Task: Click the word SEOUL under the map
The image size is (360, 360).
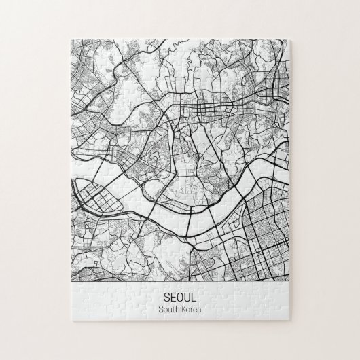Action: tap(180, 298)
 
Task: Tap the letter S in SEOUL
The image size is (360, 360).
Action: tap(167, 298)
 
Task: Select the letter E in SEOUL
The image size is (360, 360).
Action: tap(173, 298)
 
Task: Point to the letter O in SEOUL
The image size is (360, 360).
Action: tap(180, 298)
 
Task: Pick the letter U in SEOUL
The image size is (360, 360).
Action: tap(187, 298)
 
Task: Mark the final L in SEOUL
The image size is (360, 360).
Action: tap(194, 298)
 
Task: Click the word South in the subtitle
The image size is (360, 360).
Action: tap(168, 310)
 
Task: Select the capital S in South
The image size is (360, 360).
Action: tap(160, 310)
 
